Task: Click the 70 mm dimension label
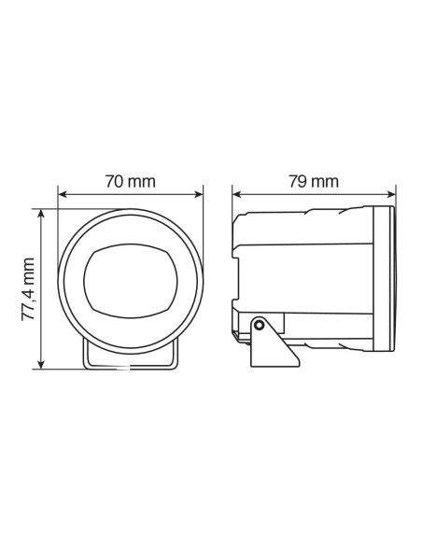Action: point(130,181)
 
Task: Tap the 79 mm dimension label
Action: point(312,181)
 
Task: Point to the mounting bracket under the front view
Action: point(130,359)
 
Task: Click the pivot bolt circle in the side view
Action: point(259,325)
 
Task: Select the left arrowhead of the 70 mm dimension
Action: point(63,195)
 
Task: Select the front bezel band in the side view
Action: point(382,279)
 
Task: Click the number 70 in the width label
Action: point(114,181)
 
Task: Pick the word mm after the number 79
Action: point(325,181)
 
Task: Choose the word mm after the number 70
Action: point(143,181)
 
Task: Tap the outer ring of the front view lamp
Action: point(71,280)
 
